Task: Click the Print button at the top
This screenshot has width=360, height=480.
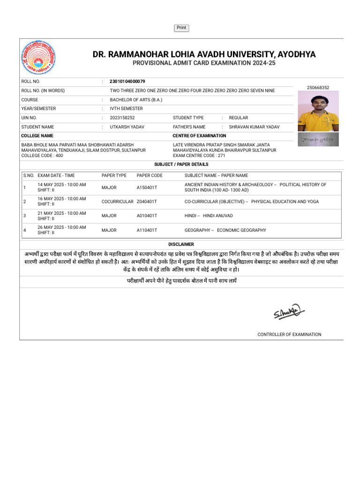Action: pyautogui.click(x=181, y=28)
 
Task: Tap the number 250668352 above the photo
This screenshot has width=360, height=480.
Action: pyautogui.click(x=318, y=88)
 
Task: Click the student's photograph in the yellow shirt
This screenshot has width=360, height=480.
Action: pyautogui.click(x=318, y=111)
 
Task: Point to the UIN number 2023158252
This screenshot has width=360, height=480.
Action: pyautogui.click(x=122, y=118)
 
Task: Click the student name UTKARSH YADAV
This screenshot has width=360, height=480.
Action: pyautogui.click(x=127, y=127)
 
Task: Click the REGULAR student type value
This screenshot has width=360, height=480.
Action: pyautogui.click(x=238, y=118)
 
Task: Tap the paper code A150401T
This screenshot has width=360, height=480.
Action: pyautogui.click(x=147, y=187)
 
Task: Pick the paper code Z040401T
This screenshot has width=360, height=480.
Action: pyautogui.click(x=147, y=202)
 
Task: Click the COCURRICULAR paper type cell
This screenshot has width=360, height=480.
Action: pyautogui.click(x=117, y=202)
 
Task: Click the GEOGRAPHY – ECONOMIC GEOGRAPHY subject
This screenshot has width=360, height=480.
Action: pyautogui.click(x=225, y=230)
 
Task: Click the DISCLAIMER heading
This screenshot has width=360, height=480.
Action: pyautogui.click(x=181, y=245)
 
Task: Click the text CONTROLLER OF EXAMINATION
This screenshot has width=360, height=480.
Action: pyautogui.click(x=289, y=335)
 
